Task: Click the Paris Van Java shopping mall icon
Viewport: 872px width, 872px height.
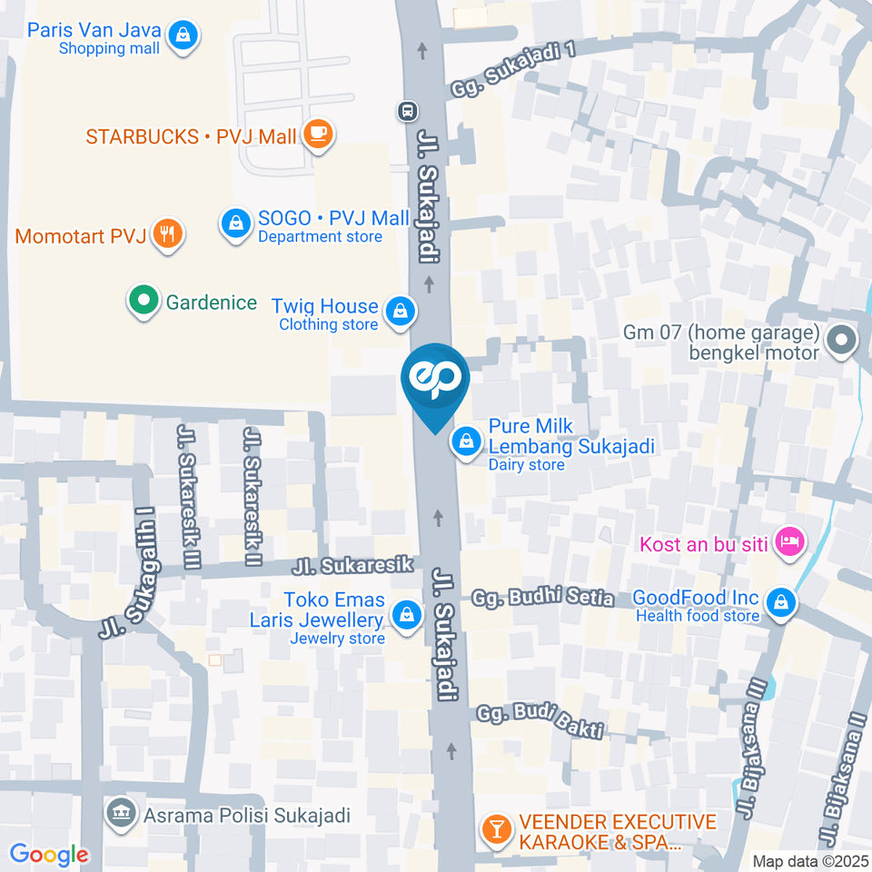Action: pos(184,35)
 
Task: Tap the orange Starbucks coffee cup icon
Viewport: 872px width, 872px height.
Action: pos(318,135)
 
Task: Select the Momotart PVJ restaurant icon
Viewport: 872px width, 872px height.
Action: pos(167,235)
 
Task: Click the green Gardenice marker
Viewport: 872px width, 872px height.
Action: pos(142,302)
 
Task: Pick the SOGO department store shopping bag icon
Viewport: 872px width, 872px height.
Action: pos(235,222)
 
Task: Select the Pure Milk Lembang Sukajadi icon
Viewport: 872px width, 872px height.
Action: pos(466,441)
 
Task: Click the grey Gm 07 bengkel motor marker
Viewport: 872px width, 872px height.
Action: pos(842,342)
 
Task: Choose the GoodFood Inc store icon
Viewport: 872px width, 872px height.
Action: pos(780,601)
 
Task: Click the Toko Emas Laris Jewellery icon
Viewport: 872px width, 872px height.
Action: pos(406,615)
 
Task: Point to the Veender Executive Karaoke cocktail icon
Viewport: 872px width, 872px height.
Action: pos(496,827)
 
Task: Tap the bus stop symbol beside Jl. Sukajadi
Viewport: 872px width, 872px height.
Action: pos(406,111)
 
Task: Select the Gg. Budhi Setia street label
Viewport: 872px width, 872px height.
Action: pos(543,599)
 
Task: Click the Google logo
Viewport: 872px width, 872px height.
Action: pos(49,855)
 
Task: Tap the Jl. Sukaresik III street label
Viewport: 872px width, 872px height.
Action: pos(190,494)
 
